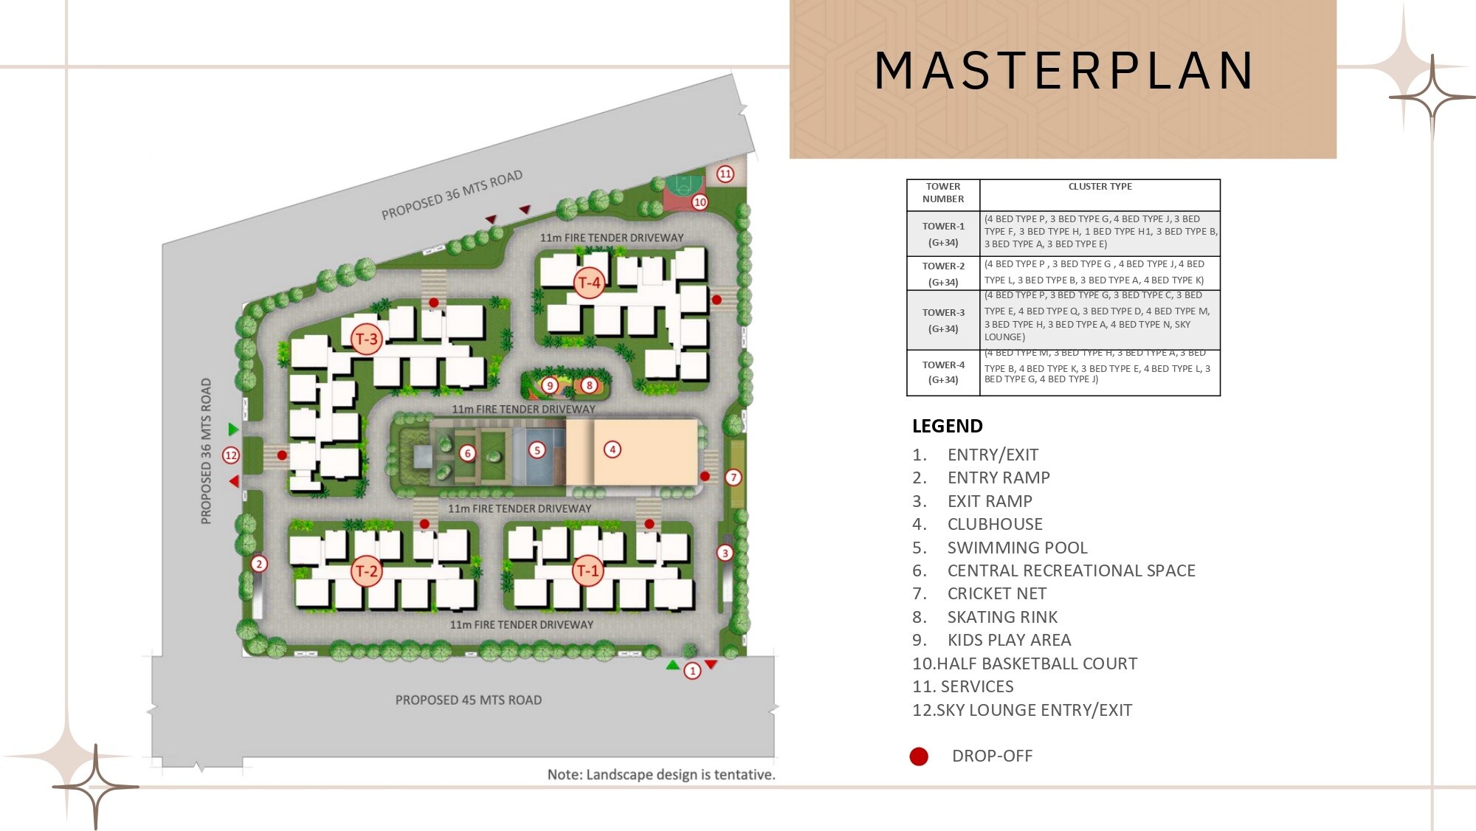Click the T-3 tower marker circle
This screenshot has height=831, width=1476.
(x=366, y=339)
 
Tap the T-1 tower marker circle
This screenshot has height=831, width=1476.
(x=587, y=570)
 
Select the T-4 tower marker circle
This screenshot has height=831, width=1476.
(x=589, y=283)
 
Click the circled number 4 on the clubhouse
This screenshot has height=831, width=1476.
(x=612, y=449)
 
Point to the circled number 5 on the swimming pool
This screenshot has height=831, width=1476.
(x=537, y=449)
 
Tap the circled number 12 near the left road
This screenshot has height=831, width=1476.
(x=231, y=455)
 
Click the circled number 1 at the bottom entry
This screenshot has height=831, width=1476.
(x=692, y=671)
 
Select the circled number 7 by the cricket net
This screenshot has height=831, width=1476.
(x=733, y=477)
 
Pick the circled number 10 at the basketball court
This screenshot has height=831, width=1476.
(x=700, y=201)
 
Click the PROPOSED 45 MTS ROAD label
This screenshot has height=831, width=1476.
(x=468, y=700)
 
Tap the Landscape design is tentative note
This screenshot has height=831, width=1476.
(x=661, y=774)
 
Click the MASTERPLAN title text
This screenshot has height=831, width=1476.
(x=1063, y=71)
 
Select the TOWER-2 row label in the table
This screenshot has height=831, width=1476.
(x=943, y=266)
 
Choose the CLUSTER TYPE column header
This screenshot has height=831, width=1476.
(x=1100, y=187)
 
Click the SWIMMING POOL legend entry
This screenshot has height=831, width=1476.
(x=1017, y=548)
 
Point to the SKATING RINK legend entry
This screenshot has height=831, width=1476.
(x=1002, y=617)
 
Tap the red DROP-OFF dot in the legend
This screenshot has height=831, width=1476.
(x=919, y=756)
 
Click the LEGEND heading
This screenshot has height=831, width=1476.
(x=947, y=426)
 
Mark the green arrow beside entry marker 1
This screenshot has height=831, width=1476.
(x=672, y=666)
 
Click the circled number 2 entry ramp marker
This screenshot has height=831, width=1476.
(x=259, y=564)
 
